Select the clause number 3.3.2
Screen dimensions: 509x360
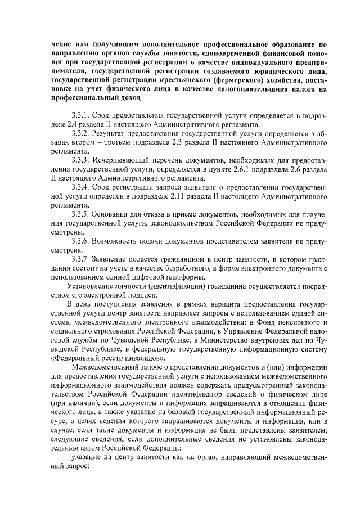pyautogui.click(x=82, y=133)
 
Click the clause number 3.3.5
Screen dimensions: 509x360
pyautogui.click(x=82, y=214)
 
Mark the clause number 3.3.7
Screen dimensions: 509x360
pyautogui.click(x=82, y=259)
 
